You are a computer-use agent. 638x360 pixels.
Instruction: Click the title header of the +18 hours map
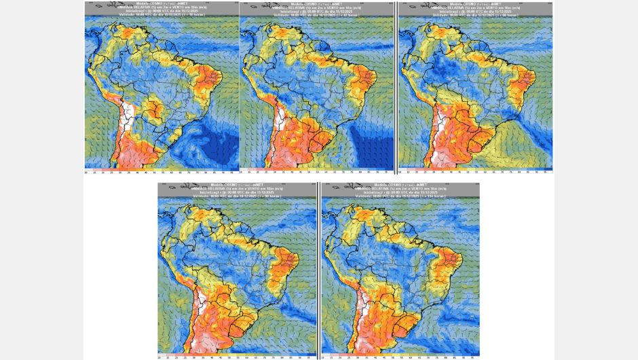(162, 8)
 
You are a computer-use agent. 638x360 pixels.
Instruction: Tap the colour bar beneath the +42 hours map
(316, 171)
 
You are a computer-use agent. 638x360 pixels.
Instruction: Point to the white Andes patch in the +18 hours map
(126, 122)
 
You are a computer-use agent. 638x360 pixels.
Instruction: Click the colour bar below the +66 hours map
(475, 171)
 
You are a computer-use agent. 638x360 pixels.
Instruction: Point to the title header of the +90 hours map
(238, 190)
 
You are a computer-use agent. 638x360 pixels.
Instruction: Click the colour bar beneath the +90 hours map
(238, 355)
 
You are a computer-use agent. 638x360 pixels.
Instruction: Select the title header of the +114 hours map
(400, 190)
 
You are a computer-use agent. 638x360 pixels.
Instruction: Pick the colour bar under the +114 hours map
(400, 355)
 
